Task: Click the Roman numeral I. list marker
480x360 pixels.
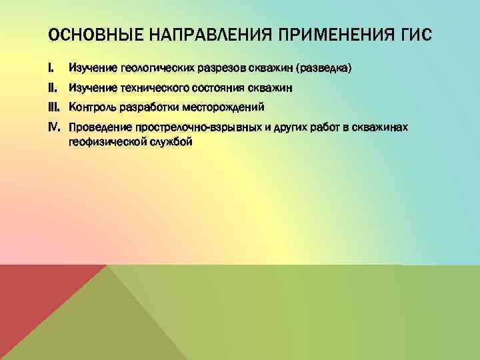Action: tap(51, 68)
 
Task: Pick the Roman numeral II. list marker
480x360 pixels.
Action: tap(53, 87)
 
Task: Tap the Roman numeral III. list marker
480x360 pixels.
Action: tap(55, 107)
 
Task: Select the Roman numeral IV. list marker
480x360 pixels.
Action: tap(55, 127)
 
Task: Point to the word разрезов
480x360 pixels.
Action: tap(219, 69)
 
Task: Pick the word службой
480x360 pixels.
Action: tap(168, 141)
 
